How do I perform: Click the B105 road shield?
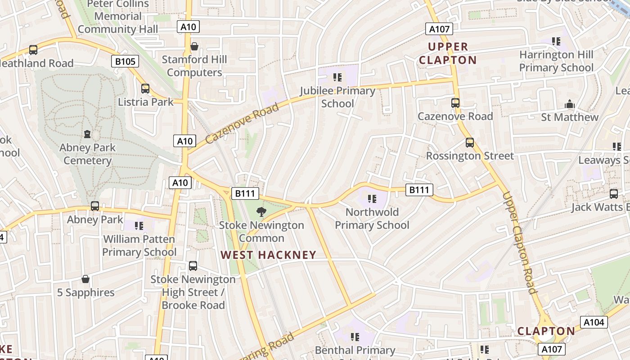(x=125, y=61)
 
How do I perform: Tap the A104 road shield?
(x=594, y=322)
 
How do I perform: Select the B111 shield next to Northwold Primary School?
(x=419, y=190)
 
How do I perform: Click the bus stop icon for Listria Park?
(x=145, y=89)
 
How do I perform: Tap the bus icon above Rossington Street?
(x=470, y=143)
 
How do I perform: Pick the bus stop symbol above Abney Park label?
(x=95, y=206)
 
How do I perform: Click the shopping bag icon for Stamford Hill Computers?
(x=194, y=46)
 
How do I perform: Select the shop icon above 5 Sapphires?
(x=85, y=279)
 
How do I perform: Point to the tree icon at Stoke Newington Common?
(x=261, y=212)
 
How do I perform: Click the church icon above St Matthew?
(x=570, y=104)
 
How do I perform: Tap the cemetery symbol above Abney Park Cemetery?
(x=87, y=134)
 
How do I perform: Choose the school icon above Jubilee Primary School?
(x=337, y=77)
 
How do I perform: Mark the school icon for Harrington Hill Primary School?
(x=556, y=41)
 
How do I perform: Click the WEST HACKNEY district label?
(x=268, y=255)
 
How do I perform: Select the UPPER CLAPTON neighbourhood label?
(x=447, y=53)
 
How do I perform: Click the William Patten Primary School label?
(x=139, y=245)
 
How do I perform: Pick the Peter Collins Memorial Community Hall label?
(x=118, y=17)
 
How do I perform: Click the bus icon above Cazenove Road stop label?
(x=455, y=103)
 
